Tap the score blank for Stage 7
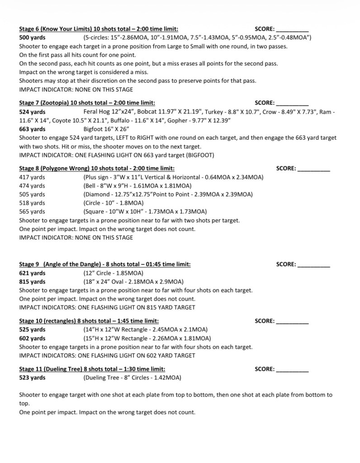(x=292, y=103)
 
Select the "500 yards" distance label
(x=32, y=37)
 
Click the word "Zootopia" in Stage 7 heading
(x=54, y=103)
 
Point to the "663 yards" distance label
(x=32, y=129)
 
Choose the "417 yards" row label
(x=32, y=177)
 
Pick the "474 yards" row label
(x=32, y=186)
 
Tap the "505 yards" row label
(x=32, y=194)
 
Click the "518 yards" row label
(x=32, y=203)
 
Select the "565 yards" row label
(x=32, y=212)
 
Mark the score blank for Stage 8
(x=313, y=169)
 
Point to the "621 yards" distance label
(x=32, y=273)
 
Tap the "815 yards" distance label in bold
(x=32, y=282)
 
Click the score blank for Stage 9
(x=313, y=265)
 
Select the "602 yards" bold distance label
(x=32, y=338)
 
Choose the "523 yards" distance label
(x=32, y=378)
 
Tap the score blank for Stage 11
(x=292, y=369)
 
